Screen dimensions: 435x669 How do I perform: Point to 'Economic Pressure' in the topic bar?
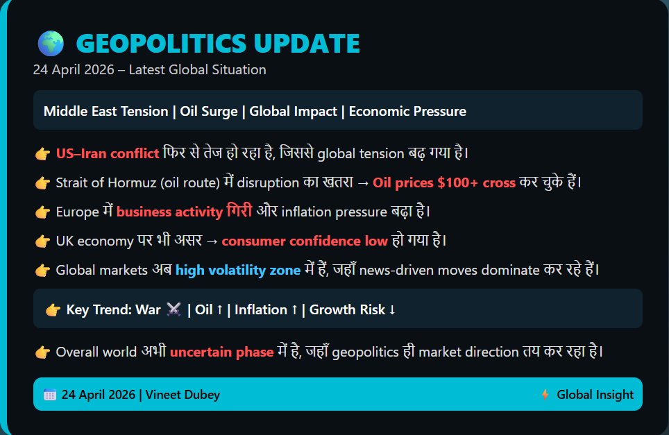pyautogui.click(x=407, y=111)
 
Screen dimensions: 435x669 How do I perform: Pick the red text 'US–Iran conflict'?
pyautogui.click(x=108, y=153)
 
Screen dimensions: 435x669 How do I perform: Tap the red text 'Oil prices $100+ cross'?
pyautogui.click(x=444, y=183)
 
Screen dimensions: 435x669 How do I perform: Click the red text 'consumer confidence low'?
pyautogui.click(x=305, y=241)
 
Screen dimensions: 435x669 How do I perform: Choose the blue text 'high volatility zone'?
pyautogui.click(x=238, y=271)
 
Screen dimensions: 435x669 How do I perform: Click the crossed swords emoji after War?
pyautogui.click(x=173, y=309)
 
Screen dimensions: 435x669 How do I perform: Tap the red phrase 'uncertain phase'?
pyautogui.click(x=221, y=352)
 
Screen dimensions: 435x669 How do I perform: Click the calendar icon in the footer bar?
pyautogui.click(x=50, y=395)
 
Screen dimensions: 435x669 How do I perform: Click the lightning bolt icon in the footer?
pyautogui.click(x=545, y=395)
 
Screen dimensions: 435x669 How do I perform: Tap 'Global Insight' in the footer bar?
pyautogui.click(x=595, y=395)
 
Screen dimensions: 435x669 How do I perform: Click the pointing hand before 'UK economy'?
pyautogui.click(x=42, y=241)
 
